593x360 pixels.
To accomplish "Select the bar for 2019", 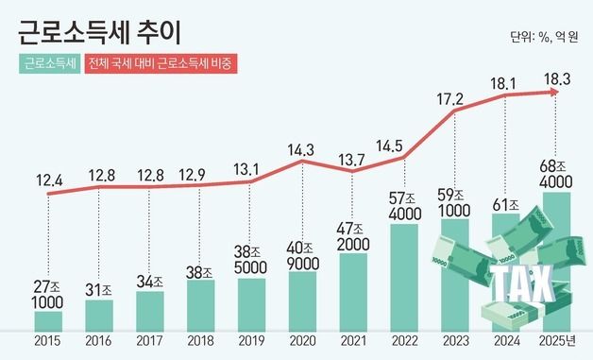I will tap(249, 304).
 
